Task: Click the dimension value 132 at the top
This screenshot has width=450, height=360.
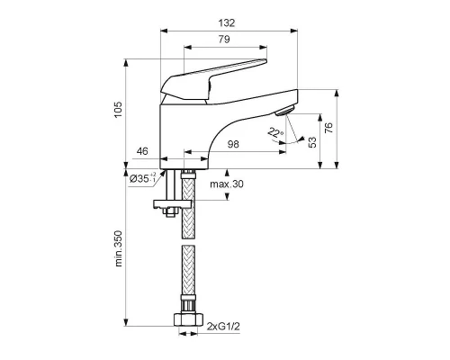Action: click(x=228, y=22)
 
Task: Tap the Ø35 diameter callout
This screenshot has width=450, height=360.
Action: click(x=144, y=178)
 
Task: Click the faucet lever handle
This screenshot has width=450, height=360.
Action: click(x=216, y=72)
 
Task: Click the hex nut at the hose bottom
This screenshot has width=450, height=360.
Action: click(x=188, y=318)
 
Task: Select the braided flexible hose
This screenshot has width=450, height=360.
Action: click(x=188, y=261)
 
